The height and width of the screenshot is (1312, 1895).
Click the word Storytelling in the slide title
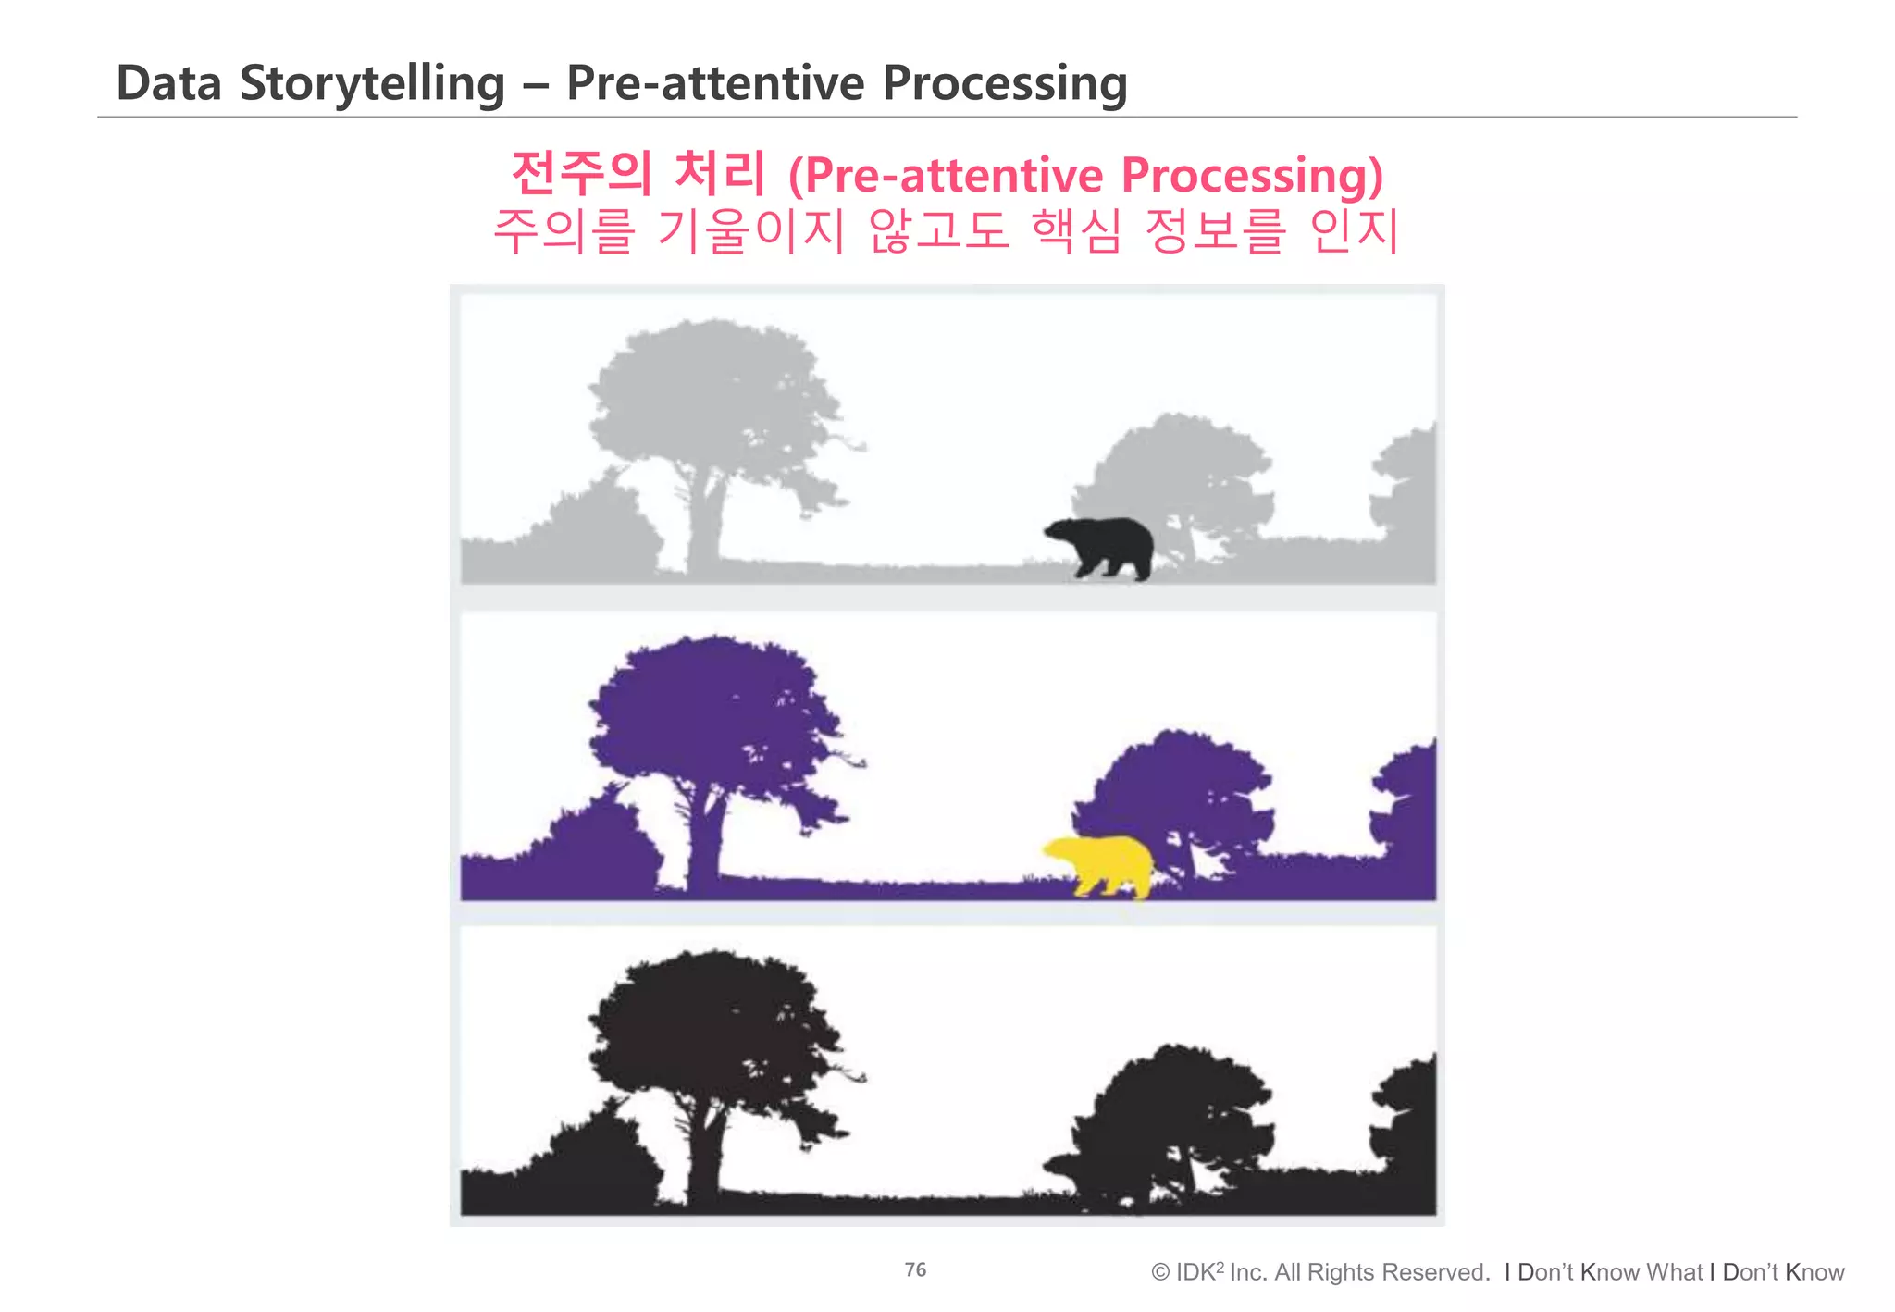[372, 83]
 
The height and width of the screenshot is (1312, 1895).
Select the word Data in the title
[168, 83]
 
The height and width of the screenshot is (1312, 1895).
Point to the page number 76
[915, 1269]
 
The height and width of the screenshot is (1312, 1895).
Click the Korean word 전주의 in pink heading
[582, 174]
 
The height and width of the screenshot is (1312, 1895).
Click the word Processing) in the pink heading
[1252, 176]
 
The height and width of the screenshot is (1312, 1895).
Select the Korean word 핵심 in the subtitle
[1076, 231]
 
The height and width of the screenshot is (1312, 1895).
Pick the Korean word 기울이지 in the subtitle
[750, 231]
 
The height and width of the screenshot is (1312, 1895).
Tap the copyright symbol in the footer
[1160, 1273]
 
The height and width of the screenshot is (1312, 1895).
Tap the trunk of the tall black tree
[705, 1157]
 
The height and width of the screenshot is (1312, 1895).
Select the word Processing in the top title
[1005, 83]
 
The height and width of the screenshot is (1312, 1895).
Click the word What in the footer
[1674, 1273]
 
